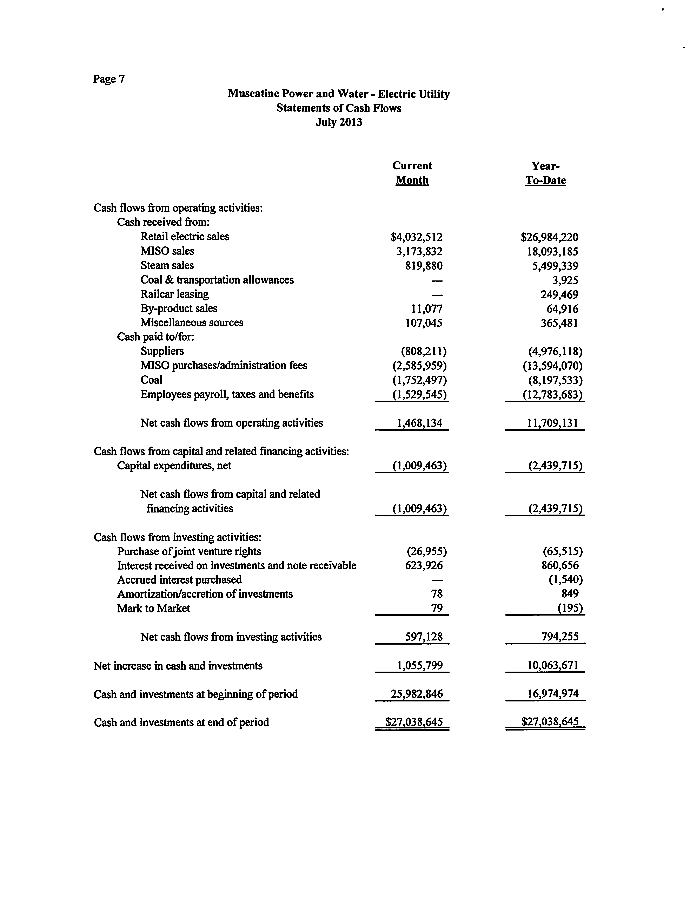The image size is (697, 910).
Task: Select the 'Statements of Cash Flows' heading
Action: click(339, 108)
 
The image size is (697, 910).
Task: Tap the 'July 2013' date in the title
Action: click(339, 122)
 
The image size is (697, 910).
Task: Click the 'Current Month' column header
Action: click(412, 173)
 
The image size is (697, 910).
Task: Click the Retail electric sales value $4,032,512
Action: click(417, 237)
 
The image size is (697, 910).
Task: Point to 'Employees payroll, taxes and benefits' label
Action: click(227, 394)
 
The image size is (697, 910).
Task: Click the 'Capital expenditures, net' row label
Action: click(174, 466)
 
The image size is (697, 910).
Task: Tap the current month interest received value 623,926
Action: click(424, 565)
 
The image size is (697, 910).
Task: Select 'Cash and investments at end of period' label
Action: click(181, 723)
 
